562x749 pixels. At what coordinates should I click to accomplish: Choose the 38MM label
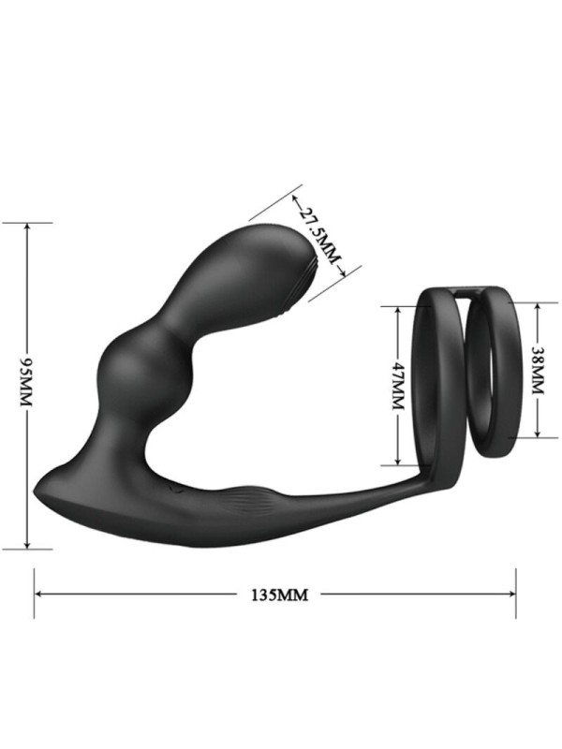click(537, 369)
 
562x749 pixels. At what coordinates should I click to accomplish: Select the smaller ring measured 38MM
click(497, 370)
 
